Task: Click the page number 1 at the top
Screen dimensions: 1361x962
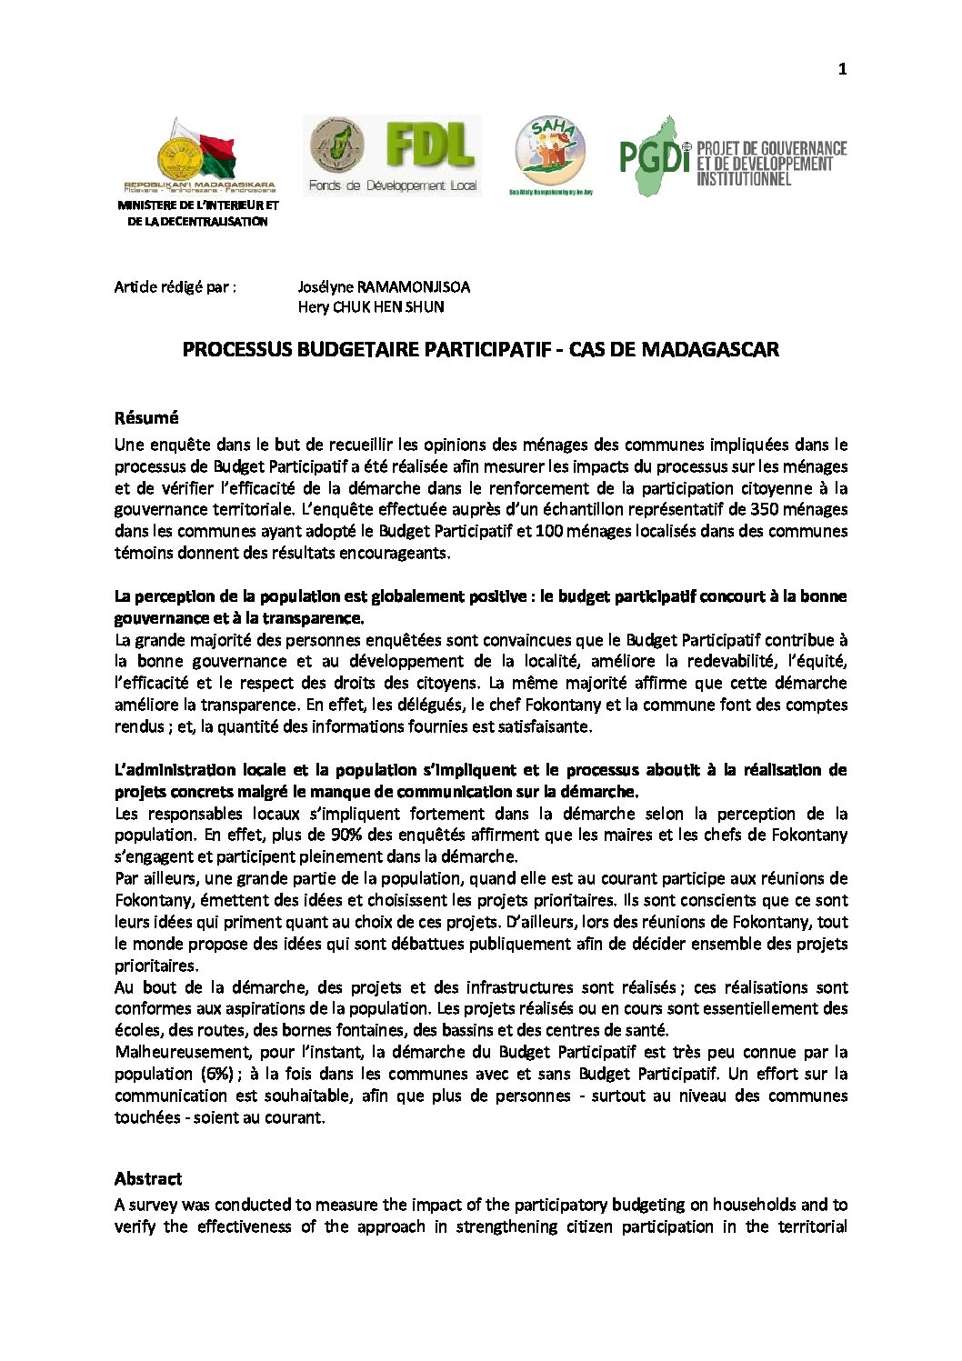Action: click(842, 69)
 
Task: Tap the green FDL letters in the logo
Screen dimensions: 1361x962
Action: click(430, 145)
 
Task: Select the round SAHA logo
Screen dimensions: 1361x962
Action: click(550, 151)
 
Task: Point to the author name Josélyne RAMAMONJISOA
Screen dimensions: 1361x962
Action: click(384, 287)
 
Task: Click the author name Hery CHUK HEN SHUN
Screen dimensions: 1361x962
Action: click(371, 307)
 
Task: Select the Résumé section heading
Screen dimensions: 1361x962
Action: click(146, 418)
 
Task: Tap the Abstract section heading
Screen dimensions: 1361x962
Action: click(148, 1179)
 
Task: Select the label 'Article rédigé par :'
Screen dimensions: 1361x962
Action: click(175, 287)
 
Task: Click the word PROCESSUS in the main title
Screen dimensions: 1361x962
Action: click(237, 350)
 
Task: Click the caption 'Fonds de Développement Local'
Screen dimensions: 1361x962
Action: click(393, 185)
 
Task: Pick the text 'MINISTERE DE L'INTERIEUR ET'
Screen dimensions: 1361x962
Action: click(198, 205)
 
